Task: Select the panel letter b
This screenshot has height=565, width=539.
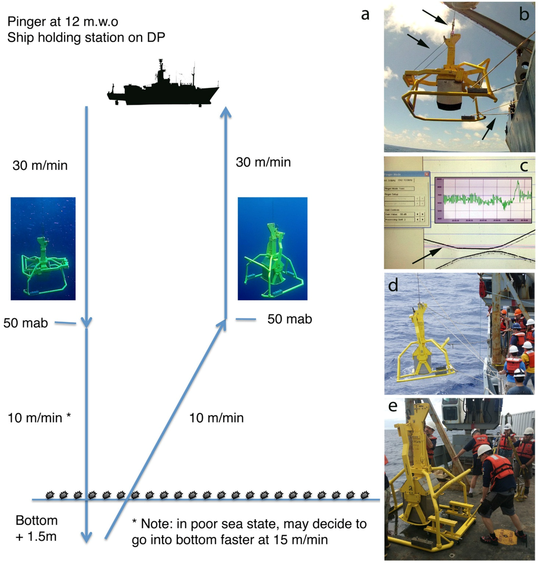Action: [524, 15]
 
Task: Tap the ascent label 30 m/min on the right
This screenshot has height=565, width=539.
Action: [263, 162]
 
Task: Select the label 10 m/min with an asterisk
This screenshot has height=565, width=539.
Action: [39, 418]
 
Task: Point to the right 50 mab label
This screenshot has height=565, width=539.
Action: [290, 319]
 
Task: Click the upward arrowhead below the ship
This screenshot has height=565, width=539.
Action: [225, 111]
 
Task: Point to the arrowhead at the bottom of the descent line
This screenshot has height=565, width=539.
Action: [87, 537]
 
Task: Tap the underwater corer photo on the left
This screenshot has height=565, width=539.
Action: [43, 248]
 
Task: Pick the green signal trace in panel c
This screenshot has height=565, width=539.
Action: [484, 198]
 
